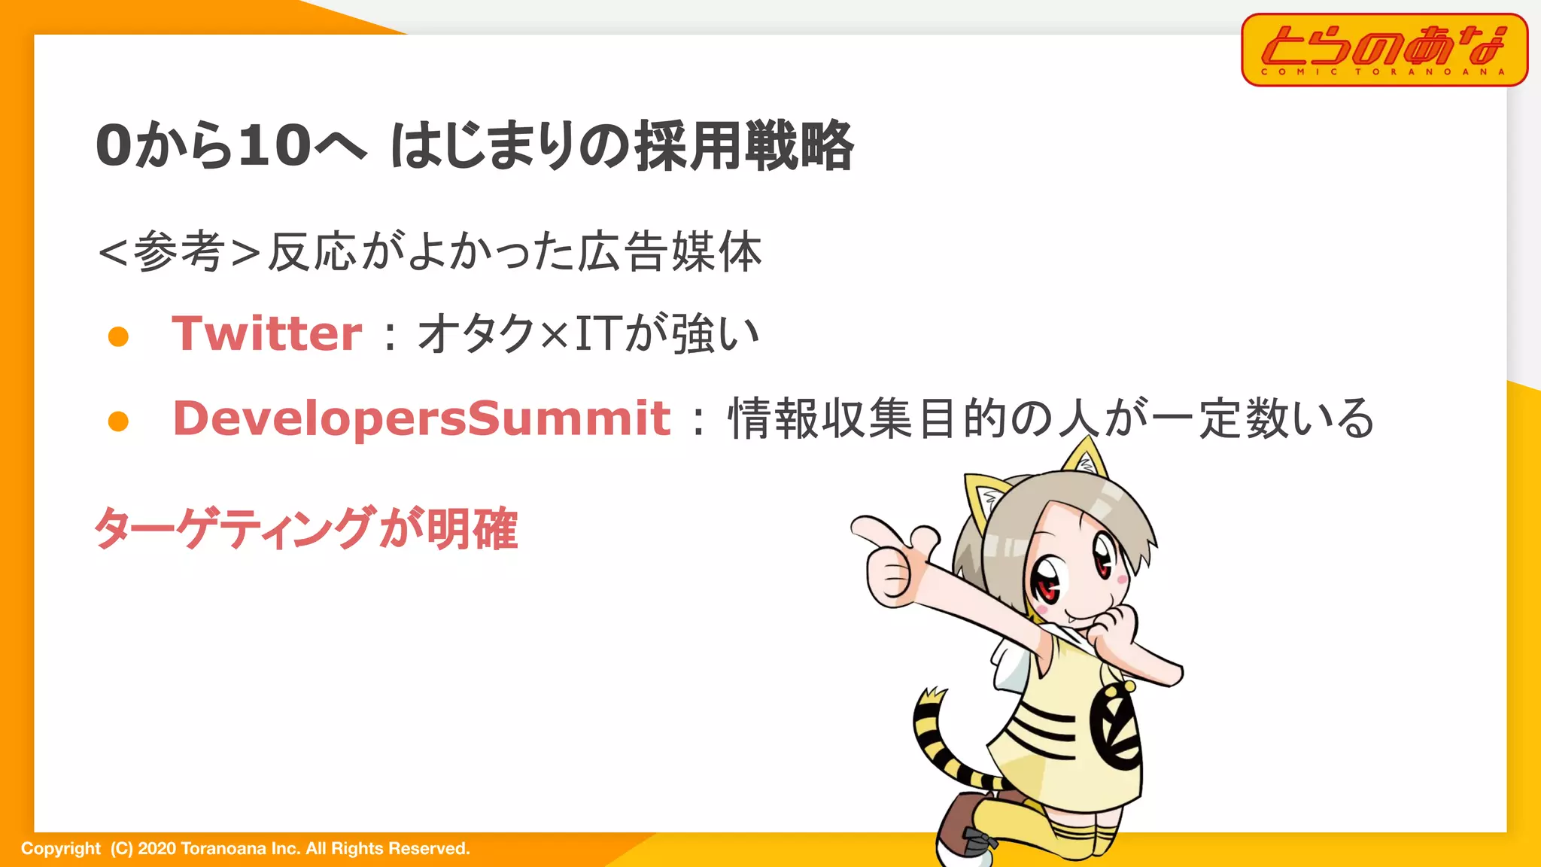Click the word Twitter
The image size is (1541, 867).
pos(267,333)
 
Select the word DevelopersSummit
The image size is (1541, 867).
pos(421,418)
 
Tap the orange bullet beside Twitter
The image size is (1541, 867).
pos(118,336)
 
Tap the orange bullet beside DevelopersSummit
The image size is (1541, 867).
pos(118,421)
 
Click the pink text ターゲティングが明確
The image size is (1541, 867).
pos(305,528)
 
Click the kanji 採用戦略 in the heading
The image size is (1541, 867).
pos(745,145)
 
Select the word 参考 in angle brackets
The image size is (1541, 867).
pos(179,251)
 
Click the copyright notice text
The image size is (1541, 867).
pos(245,849)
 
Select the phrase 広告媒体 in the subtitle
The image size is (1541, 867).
pos(670,251)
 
